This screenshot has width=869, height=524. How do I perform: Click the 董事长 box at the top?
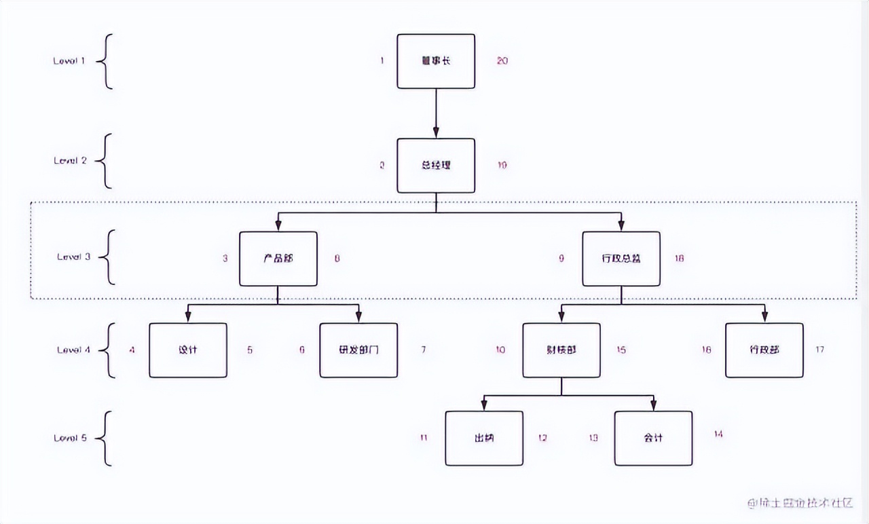point(436,61)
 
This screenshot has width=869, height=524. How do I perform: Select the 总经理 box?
point(436,166)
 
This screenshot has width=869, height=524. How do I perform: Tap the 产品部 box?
point(278,259)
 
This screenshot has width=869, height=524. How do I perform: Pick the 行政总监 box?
point(621,259)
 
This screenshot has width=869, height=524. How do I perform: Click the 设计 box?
point(188,350)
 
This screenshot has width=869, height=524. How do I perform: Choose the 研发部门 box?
point(358,350)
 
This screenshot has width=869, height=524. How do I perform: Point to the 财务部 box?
point(561,350)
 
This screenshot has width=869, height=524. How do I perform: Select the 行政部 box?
point(764,350)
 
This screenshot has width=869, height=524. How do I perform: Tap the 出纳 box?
point(484,438)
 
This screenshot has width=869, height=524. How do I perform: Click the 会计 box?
point(653,438)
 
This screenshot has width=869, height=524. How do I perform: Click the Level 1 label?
point(69,61)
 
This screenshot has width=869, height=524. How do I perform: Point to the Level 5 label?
point(71,438)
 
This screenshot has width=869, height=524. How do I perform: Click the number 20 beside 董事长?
point(502,61)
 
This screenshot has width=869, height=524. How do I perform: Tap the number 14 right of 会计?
point(718,434)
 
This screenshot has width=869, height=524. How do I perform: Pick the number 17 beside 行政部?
point(819,350)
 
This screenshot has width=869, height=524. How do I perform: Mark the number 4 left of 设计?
point(132,350)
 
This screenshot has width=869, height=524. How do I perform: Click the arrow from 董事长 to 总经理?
point(436,113)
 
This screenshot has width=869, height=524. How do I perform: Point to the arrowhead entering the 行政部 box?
point(764,317)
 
